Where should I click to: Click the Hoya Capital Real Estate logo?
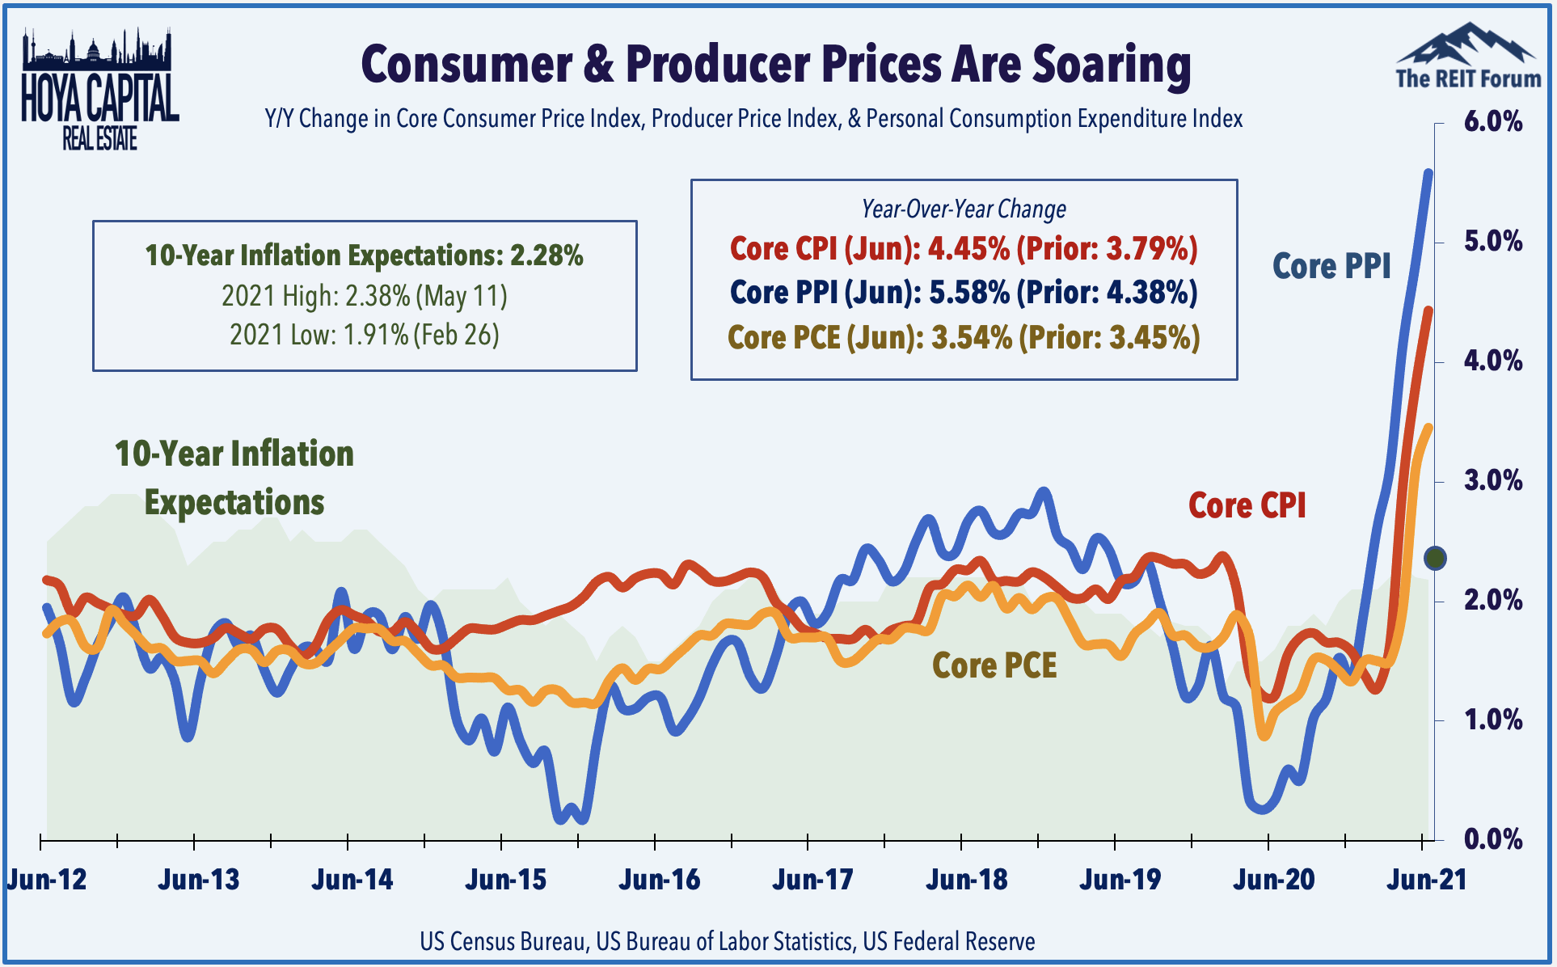coord(99,89)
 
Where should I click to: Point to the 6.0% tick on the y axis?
coord(1492,122)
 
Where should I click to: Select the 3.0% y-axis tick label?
coord(1492,481)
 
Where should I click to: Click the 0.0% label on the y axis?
coord(1492,839)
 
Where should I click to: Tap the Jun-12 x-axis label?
coord(47,880)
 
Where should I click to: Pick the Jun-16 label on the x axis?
coord(660,880)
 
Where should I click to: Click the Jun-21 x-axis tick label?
coord(1427,880)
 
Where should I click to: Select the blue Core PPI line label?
coord(1331,266)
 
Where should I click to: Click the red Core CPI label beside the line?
coord(1247,505)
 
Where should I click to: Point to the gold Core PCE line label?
coord(994,665)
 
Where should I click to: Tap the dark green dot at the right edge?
coord(1435,558)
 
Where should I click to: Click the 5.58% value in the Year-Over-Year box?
coord(968,293)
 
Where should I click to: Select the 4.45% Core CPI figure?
coord(968,249)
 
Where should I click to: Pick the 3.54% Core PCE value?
coord(971,337)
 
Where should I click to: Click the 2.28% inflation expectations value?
coord(546,255)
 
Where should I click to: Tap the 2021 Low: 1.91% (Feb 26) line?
coord(365,335)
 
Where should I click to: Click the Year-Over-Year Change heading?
coord(964,209)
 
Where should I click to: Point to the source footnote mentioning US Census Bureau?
coord(727,941)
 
